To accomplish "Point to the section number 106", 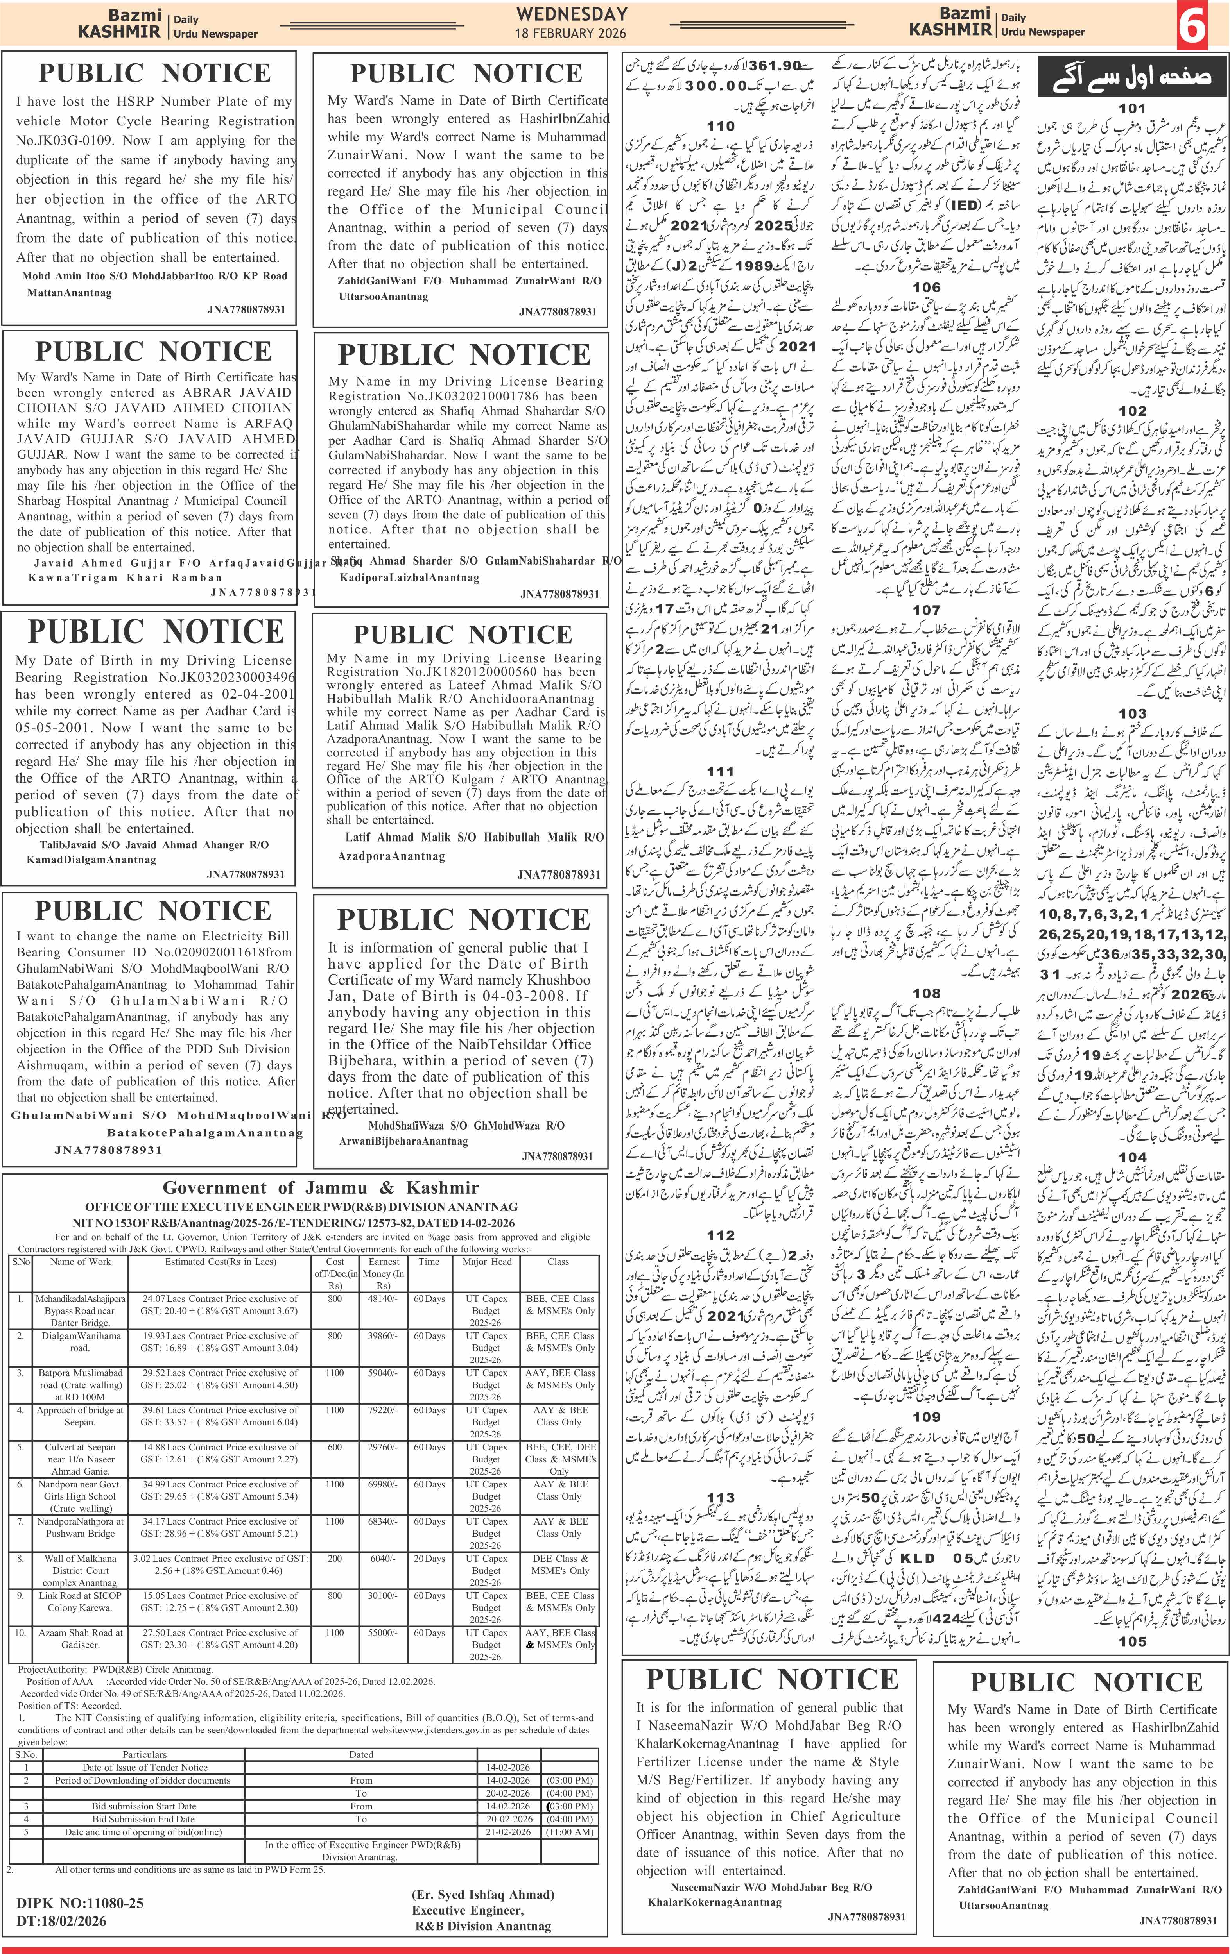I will (926, 287).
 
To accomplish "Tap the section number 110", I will (720, 126).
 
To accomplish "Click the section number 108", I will (926, 993).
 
